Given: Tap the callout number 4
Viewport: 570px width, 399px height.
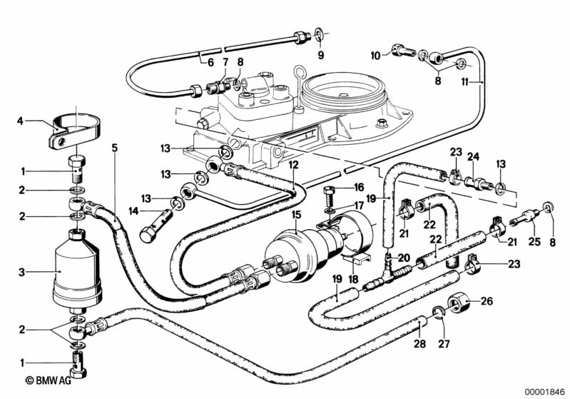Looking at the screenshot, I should (x=21, y=121).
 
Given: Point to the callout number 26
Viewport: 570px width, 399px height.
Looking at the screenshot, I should (x=487, y=300).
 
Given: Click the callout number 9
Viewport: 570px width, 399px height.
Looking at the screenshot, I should (x=320, y=55).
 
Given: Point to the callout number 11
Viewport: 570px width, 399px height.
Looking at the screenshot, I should (x=464, y=82).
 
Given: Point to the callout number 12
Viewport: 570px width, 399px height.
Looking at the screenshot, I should (x=292, y=164).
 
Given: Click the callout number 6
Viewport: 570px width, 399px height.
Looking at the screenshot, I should (x=210, y=62).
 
